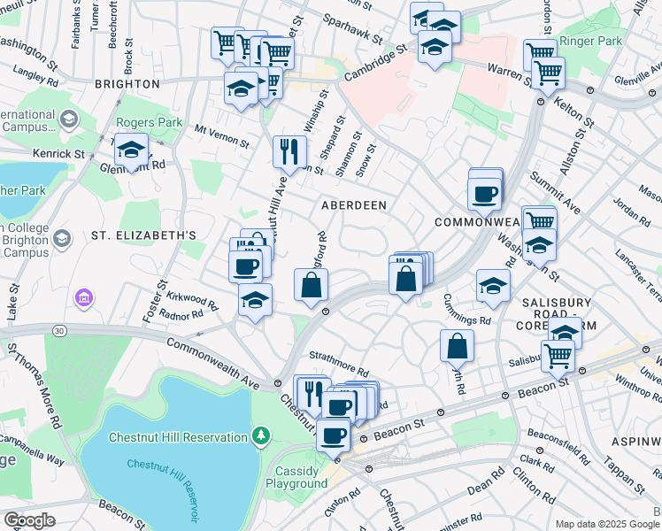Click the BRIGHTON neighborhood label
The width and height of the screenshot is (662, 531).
coord(127,84)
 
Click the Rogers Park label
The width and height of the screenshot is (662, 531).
coord(145,123)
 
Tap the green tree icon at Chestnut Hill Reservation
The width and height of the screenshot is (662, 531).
coord(260,435)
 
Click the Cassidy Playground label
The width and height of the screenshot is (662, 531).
coord(301,477)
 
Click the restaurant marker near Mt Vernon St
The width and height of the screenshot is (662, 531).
coord(289,152)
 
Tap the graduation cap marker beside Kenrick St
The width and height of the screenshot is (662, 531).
coord(131,150)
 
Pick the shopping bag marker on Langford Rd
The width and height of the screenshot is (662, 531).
coord(311,285)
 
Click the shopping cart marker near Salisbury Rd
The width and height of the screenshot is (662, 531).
coord(558,355)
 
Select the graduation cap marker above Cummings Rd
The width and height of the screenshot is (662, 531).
coord(493,285)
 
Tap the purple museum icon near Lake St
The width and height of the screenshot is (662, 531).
coord(84,298)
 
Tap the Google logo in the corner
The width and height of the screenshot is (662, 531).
coord(29,519)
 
